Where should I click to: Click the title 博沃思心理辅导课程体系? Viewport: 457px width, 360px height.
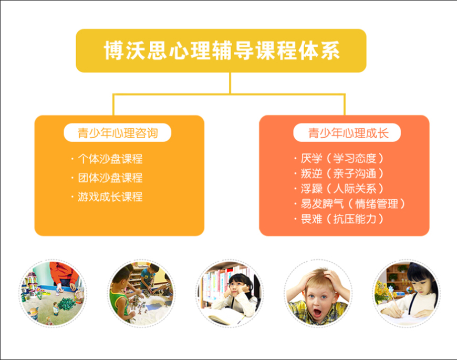click(221, 51)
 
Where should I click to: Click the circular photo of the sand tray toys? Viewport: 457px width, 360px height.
click(53, 293)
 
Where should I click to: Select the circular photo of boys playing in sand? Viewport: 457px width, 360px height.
click(140, 293)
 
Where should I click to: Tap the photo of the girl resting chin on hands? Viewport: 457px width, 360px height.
click(230, 293)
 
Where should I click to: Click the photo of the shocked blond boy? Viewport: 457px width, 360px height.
click(317, 293)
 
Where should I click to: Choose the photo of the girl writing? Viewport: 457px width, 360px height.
click(406, 293)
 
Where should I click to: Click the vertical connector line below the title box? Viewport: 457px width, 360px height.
click(230, 83)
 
